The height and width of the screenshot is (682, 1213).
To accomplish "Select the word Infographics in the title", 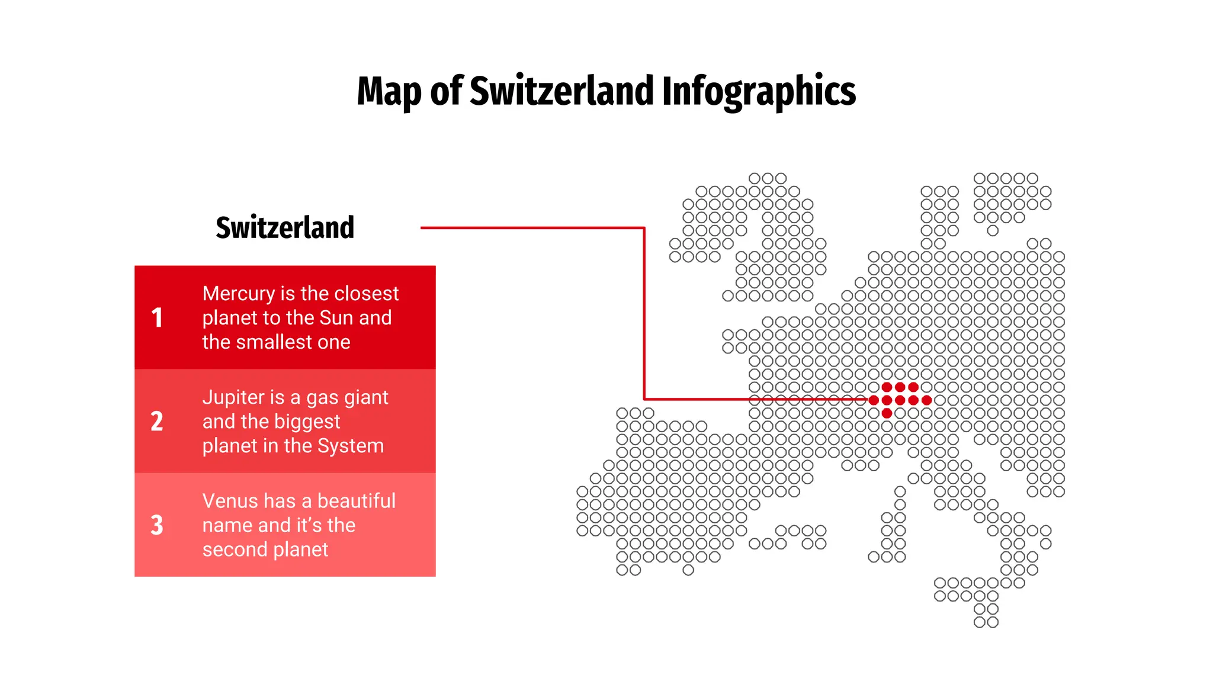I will click(759, 92).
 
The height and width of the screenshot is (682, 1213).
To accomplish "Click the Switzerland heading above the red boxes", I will click(285, 228).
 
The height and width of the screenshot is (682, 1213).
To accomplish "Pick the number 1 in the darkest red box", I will click(157, 318).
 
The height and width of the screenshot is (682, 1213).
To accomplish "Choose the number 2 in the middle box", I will click(157, 422).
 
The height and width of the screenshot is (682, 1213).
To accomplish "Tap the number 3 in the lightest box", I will click(157, 525).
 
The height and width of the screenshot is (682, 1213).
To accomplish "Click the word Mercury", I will click(239, 294).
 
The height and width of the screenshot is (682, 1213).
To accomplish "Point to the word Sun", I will click(336, 318).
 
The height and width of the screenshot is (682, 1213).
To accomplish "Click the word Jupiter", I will click(232, 397).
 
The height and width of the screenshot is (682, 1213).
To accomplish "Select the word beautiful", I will click(357, 501).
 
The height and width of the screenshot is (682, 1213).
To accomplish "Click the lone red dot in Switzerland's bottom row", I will click(887, 413).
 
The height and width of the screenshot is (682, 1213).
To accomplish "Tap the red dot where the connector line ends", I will click(874, 400).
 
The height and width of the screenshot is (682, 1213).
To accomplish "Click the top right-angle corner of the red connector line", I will click(644, 228).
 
